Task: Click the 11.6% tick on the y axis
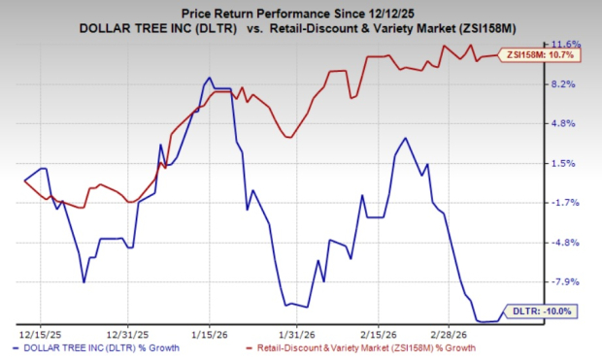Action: pos(566,45)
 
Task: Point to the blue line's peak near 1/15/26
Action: pos(210,79)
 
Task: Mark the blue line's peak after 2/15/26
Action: pos(405,138)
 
